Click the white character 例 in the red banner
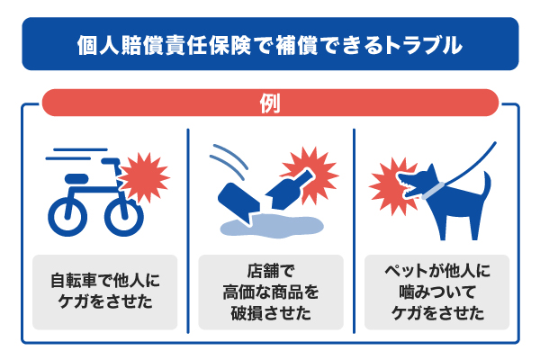coord(270,103)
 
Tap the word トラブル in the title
coord(423,45)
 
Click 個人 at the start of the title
coord(98,45)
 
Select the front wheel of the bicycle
coord(124,216)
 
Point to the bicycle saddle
coord(76,178)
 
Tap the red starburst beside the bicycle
coord(145,177)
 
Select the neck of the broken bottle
coord(302,176)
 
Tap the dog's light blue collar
coord(433,191)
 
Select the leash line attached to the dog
coord(470,163)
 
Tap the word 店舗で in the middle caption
coord(271,271)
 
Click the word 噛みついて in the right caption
coord(437,292)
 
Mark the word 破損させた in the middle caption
coord(271,313)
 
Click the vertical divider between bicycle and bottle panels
coord(188,230)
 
